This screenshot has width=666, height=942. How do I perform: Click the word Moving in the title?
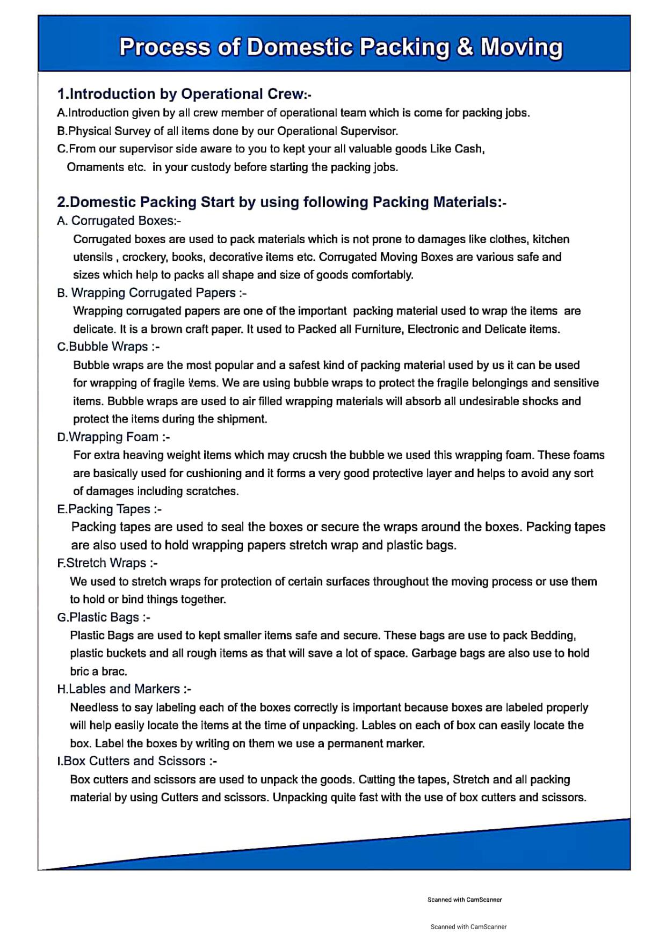(521, 47)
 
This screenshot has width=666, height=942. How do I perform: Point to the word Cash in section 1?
(469, 149)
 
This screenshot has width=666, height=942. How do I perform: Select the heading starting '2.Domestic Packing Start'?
(281, 202)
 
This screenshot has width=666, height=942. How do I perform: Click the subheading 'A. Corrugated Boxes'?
(119, 221)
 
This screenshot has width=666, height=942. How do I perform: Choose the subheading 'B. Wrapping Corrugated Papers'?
(151, 293)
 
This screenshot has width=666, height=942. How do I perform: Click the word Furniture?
(378, 329)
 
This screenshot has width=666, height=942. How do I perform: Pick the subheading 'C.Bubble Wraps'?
(108, 347)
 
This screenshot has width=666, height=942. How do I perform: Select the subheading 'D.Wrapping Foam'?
(113, 437)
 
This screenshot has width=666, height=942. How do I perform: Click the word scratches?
(211, 491)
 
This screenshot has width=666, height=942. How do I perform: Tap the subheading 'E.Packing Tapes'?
(109, 509)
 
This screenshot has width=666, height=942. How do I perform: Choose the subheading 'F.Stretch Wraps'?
(107, 563)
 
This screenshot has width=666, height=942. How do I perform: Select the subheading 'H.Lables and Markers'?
(124, 689)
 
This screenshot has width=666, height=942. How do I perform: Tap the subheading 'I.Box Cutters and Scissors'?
(137, 761)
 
